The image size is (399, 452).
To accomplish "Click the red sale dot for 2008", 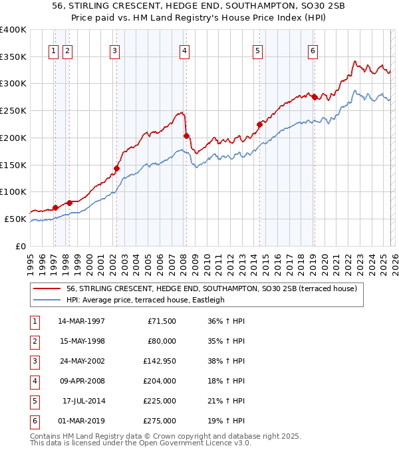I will (187, 136).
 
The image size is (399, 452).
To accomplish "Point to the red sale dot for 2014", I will (259, 124).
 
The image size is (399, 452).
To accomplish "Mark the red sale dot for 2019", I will (314, 97).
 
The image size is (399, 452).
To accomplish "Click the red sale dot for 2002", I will (116, 168).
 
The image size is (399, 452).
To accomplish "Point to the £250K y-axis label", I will (13, 111).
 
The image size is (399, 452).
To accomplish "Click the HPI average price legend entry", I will (145, 300).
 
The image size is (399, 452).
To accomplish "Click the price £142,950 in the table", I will (159, 362).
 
